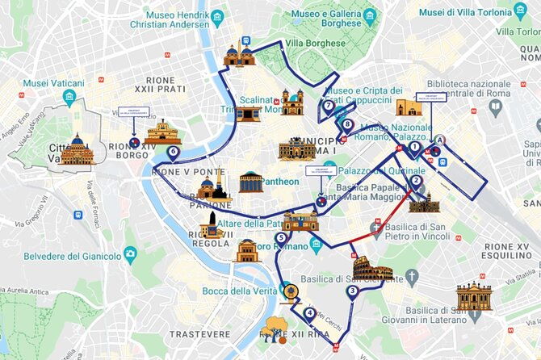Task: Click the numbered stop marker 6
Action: point(172,151)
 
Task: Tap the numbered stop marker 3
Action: point(352,291)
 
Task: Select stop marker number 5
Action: point(280,237)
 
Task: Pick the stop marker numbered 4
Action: point(310,313)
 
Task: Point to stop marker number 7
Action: point(328,105)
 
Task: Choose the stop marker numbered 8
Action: point(347,124)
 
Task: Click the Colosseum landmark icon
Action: point(372,270)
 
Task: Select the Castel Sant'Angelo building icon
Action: point(162,132)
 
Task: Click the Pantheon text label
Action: point(279,182)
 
